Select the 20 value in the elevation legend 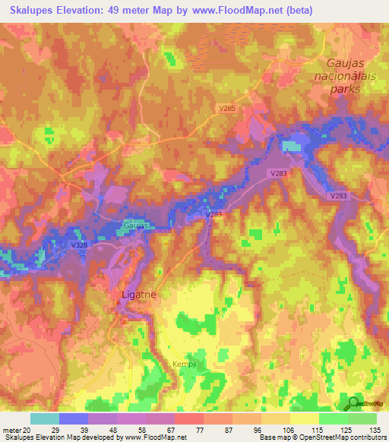(x=28, y=430)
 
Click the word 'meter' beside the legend (x=11, y=430)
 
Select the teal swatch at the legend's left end (x=45, y=418)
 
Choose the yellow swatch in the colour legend (x=305, y=418)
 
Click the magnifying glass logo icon (x=353, y=404)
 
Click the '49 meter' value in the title (x=140, y=10)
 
